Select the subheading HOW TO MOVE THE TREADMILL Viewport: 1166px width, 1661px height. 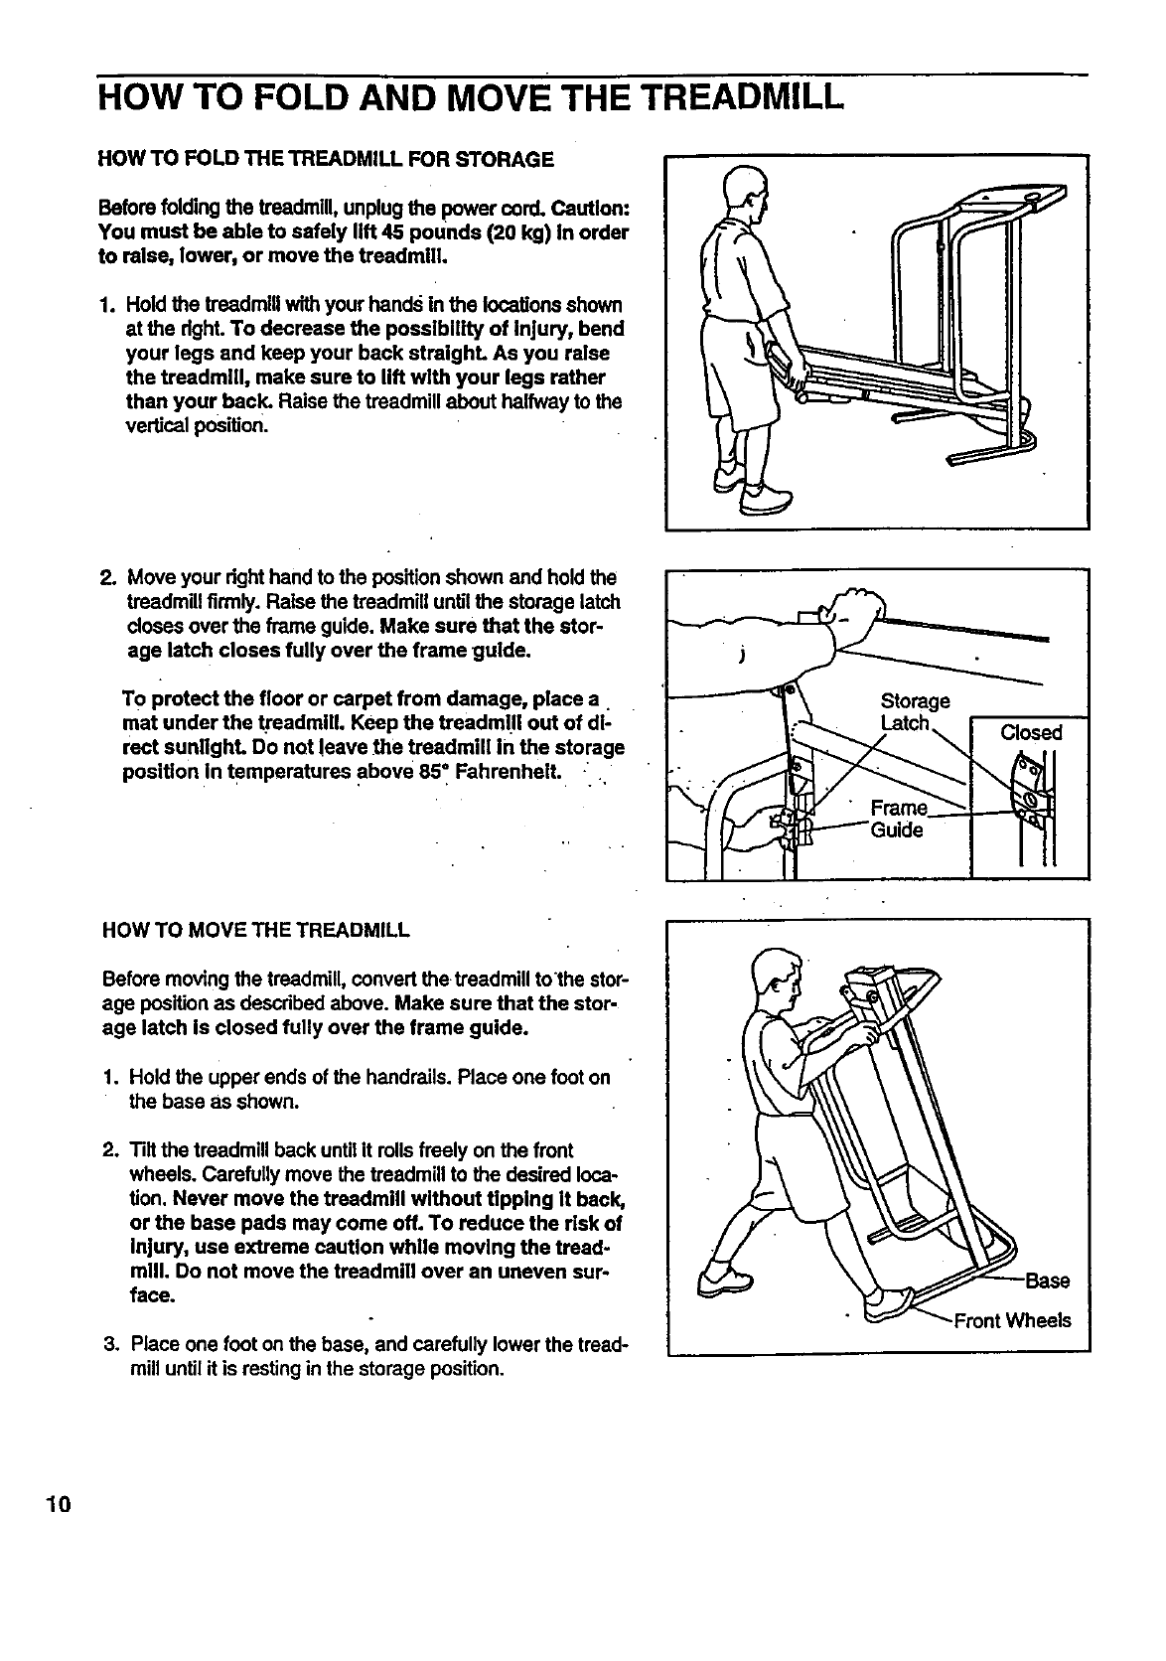(256, 931)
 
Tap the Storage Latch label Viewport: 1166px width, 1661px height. (915, 711)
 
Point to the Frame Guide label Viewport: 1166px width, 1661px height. (897, 819)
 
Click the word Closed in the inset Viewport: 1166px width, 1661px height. (1031, 733)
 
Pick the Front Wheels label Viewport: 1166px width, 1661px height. (1012, 1320)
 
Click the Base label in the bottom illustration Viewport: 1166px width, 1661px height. (1048, 1281)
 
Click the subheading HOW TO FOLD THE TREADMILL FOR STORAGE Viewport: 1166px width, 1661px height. (325, 159)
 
